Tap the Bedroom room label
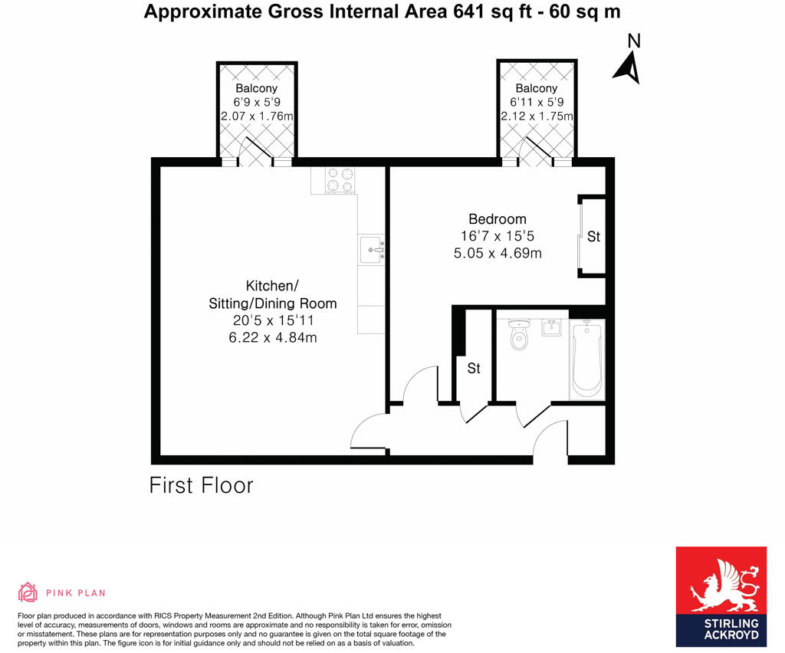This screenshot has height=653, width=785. (x=498, y=219)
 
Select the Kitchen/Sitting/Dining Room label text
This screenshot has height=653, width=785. (x=272, y=294)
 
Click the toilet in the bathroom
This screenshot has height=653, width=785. (x=520, y=334)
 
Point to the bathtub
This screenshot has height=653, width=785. (x=587, y=359)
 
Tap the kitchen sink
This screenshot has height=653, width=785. (x=373, y=249)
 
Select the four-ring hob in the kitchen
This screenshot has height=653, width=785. (x=340, y=180)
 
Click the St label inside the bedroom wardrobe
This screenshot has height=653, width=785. (x=593, y=237)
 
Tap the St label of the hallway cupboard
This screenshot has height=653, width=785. (x=474, y=369)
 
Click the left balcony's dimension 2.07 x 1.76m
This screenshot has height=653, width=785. (x=257, y=116)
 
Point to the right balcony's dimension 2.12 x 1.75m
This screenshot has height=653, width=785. (x=536, y=116)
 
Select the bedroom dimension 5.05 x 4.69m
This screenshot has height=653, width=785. (x=498, y=253)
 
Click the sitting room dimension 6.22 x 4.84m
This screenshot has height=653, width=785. (x=272, y=337)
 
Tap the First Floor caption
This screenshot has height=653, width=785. (x=201, y=485)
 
